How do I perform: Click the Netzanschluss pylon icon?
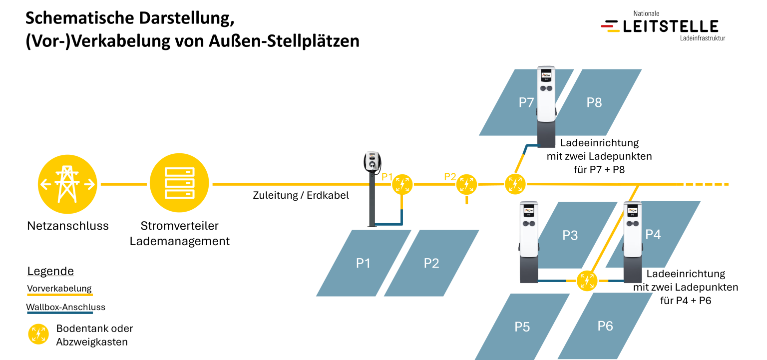pyautogui.click(x=67, y=184)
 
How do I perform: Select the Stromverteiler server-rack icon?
pyautogui.click(x=179, y=183)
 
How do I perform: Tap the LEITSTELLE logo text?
pyautogui.click(x=670, y=26)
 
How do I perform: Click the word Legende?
pyautogui.click(x=50, y=271)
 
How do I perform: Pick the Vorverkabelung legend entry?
pyautogui.click(x=59, y=289)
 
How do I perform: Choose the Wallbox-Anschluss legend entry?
pyautogui.click(x=66, y=307)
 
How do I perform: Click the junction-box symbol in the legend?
pyautogui.click(x=38, y=334)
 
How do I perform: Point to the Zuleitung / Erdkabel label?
pyautogui.click(x=301, y=195)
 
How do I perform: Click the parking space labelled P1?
pyautogui.click(x=364, y=263)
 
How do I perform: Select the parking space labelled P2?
pyautogui.click(x=431, y=263)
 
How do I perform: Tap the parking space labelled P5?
pyautogui.click(x=522, y=327)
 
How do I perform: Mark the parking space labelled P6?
pyautogui.click(x=605, y=326)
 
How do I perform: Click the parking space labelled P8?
pyautogui.click(x=598, y=102)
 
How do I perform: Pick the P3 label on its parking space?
pyautogui.click(x=570, y=235)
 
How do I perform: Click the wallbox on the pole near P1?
pyautogui.click(x=372, y=161)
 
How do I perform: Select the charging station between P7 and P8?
pyautogui.click(x=546, y=106)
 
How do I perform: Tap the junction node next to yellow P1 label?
pyautogui.click(x=402, y=185)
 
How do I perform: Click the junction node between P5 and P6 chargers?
pyautogui.click(x=587, y=281)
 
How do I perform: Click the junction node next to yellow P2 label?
pyautogui.click(x=466, y=185)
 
